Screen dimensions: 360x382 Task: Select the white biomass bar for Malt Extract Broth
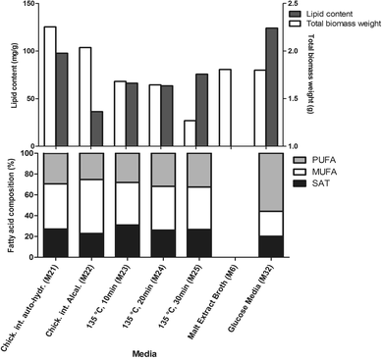coord(225,107)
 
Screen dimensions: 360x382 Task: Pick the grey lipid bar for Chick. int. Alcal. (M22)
coord(97,128)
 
